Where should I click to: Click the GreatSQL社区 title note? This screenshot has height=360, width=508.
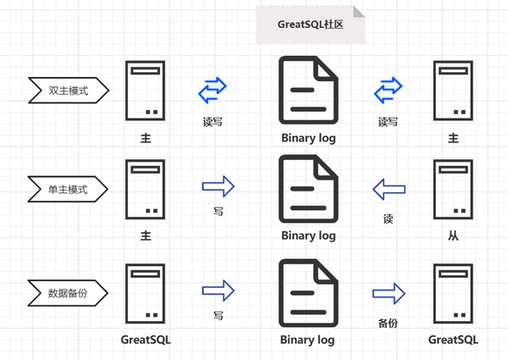pos(311,25)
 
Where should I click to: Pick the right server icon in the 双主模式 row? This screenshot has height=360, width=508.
pos(452,90)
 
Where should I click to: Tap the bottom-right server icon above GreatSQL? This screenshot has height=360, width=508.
pos(452,293)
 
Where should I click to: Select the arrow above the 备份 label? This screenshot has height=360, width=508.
pos(389,293)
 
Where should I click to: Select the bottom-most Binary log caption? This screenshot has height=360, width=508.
pos(308,340)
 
